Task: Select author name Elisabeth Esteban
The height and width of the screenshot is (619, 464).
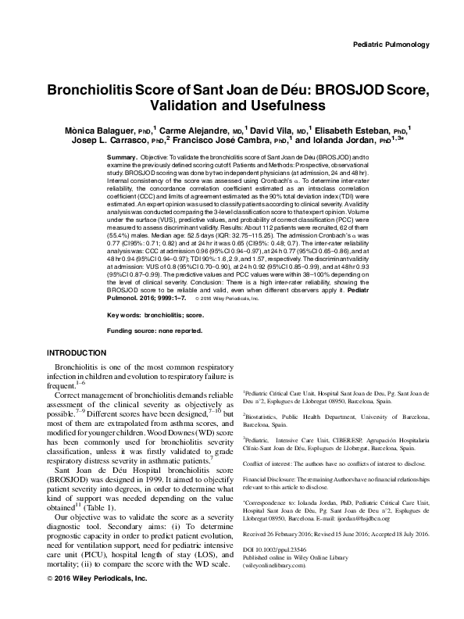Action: click(x=359, y=128)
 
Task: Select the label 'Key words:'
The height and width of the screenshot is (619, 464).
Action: click(x=123, y=314)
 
